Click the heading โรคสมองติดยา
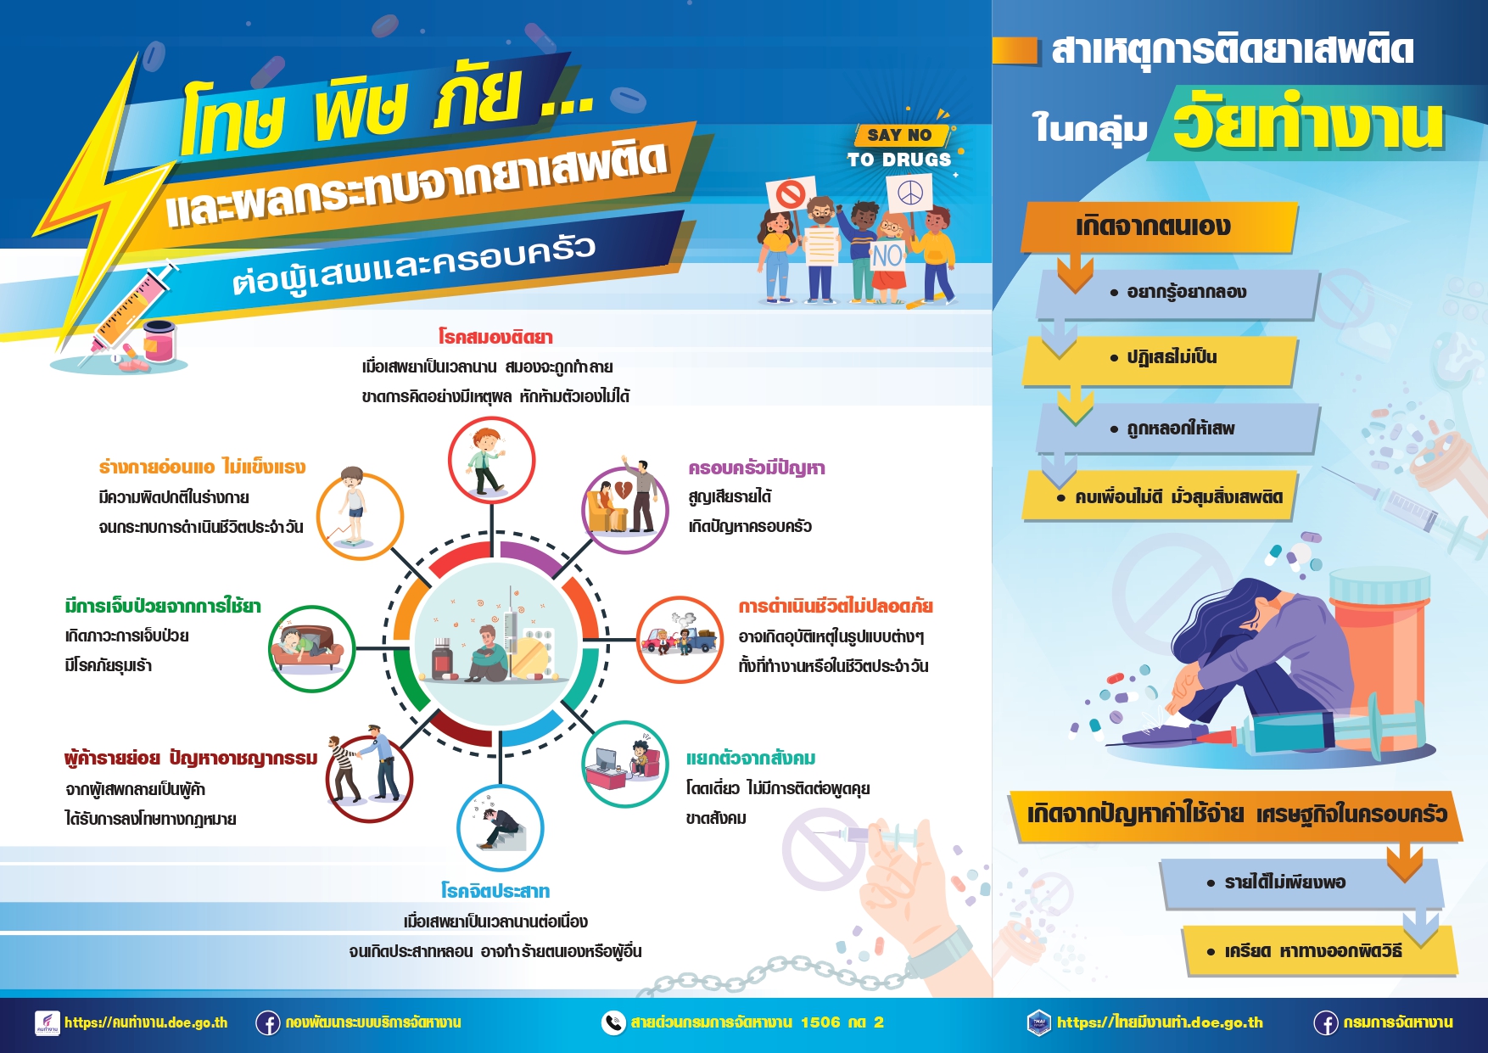click(x=495, y=337)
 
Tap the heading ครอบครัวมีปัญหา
click(x=757, y=468)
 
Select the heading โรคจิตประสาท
click(x=495, y=891)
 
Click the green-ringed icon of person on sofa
click(x=311, y=649)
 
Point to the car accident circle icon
click(x=680, y=640)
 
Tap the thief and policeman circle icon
click(x=370, y=779)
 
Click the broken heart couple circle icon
click(x=624, y=510)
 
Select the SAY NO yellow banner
click(x=901, y=135)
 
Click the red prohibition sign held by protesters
click(x=791, y=194)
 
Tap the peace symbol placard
click(x=910, y=193)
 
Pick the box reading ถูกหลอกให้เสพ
click(x=1178, y=428)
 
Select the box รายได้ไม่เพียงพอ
click(x=1301, y=883)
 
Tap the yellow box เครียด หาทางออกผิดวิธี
click(x=1320, y=950)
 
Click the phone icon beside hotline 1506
click(x=613, y=1023)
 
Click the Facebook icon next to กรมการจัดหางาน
click(x=1326, y=1023)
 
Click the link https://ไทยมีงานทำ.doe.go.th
click(x=1160, y=1023)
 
